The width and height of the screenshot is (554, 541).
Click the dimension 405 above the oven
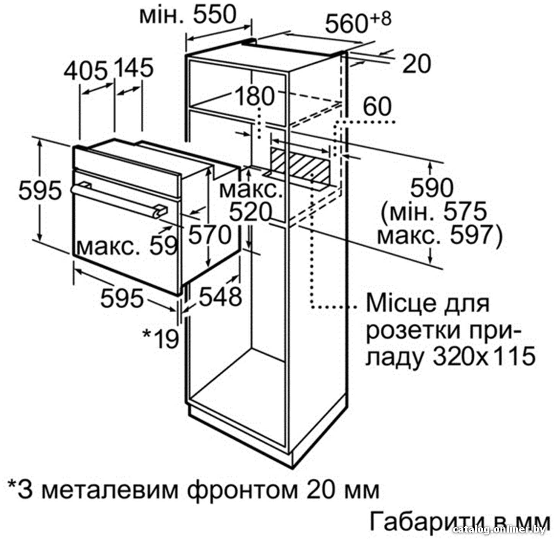pos(85,70)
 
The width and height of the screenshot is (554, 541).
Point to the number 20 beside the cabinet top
pos(417,64)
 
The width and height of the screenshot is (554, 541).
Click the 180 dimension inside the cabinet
pos(255,96)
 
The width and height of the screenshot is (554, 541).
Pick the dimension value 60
pos(377,106)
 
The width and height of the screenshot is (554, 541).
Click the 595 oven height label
pos(40,190)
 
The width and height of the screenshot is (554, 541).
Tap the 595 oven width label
pos(122,298)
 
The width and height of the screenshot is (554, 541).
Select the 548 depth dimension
pos(220,297)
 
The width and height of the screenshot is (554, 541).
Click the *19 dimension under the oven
pos(161,339)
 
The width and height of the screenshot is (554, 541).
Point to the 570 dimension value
pos(210,235)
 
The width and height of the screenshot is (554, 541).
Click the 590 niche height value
pos(432,188)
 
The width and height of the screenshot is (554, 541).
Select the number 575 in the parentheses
pos(465,212)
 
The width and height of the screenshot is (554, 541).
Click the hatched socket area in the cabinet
pos(300,164)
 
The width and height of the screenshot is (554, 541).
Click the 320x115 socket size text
pos(484,356)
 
